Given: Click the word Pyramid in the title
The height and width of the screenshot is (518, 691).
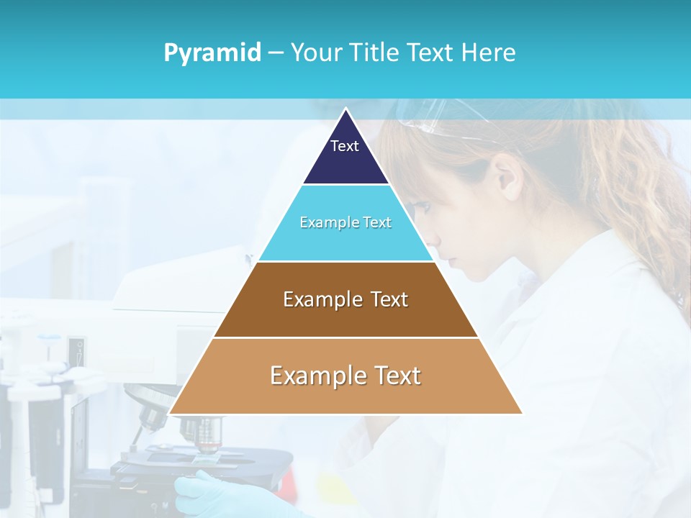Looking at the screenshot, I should (x=212, y=53).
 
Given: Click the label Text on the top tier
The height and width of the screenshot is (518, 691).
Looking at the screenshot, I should (x=344, y=146).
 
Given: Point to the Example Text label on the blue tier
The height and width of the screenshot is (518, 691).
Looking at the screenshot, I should (x=345, y=222).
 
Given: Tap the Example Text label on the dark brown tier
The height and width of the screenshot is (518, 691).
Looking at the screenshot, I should (x=345, y=299).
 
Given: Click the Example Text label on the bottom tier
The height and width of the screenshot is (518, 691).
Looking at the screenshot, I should (x=345, y=376).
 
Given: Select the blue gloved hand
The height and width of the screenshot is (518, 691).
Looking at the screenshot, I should (x=216, y=496).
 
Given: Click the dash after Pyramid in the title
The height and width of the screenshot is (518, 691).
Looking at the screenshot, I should (x=276, y=53).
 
